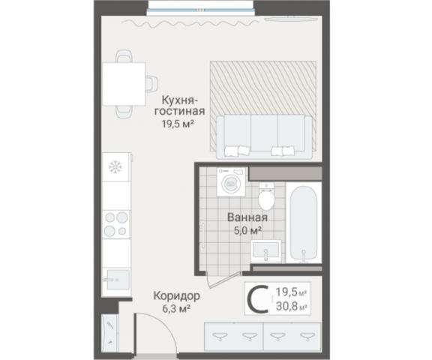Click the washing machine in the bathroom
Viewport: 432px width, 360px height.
point(231,181)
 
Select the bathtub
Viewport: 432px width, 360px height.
point(303,223)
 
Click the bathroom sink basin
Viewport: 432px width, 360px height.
point(265,251)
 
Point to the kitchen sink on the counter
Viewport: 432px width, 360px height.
point(118,280)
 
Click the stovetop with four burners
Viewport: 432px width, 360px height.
point(116,224)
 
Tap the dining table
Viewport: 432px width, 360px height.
point(124,84)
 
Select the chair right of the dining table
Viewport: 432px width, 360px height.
point(151,83)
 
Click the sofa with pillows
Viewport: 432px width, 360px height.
point(264,137)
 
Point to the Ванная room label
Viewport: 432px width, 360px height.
point(247,217)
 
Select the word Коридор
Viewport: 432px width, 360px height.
point(177,296)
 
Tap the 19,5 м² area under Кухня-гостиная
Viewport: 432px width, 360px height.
point(178,124)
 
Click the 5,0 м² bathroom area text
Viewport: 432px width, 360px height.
point(247,230)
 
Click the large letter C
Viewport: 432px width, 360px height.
point(258,299)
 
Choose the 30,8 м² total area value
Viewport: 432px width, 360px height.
point(292,306)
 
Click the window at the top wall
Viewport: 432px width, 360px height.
point(200,10)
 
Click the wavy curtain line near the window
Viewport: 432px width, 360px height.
point(190,24)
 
